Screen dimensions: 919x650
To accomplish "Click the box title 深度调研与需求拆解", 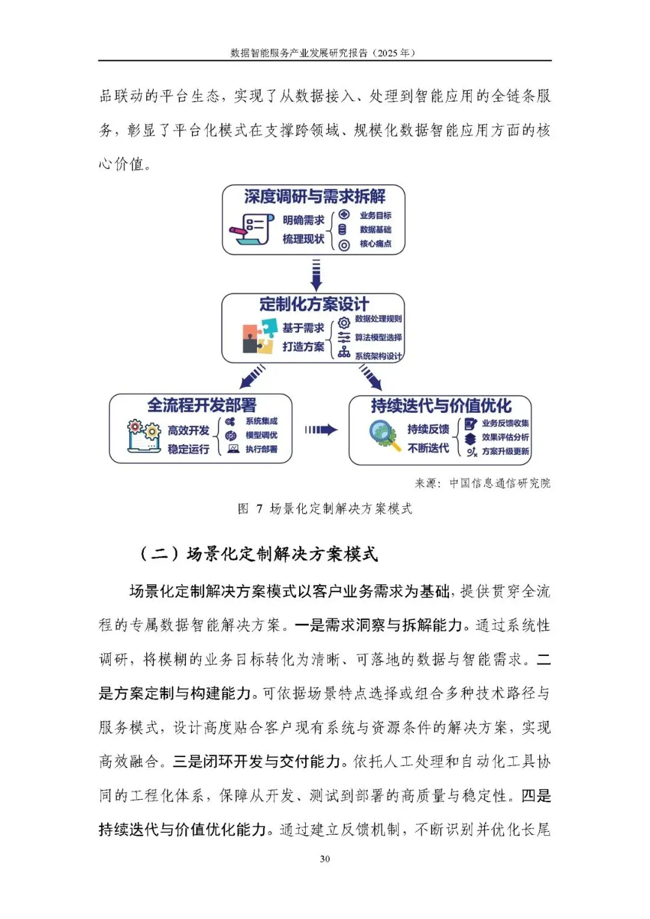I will pyautogui.click(x=314, y=197).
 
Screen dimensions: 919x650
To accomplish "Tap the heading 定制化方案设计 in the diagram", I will pyautogui.click(x=314, y=305).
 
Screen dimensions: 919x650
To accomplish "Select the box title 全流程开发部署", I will pyautogui.click(x=202, y=405).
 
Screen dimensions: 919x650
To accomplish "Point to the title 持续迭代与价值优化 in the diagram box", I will pyautogui.click(x=441, y=406).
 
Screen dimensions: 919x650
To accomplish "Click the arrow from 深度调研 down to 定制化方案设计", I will pyautogui.click(x=315, y=274).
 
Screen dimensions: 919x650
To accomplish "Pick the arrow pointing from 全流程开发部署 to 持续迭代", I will pyautogui.click(x=321, y=430).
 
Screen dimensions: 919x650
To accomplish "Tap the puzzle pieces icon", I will pyautogui.click(x=259, y=336).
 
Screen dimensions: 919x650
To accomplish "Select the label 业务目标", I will pyautogui.click(x=376, y=215).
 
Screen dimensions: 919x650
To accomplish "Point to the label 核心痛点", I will pyautogui.click(x=376, y=244).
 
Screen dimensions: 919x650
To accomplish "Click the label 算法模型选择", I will pyautogui.click(x=378, y=338).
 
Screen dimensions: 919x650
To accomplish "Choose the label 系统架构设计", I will pyautogui.click(x=378, y=356).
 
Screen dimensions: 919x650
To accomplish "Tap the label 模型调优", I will pyautogui.click(x=261, y=435).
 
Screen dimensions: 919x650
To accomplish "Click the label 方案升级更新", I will pyautogui.click(x=505, y=451).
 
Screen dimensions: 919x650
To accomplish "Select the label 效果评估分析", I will pyautogui.click(x=505, y=438).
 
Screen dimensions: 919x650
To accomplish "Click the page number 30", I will pyautogui.click(x=325, y=859).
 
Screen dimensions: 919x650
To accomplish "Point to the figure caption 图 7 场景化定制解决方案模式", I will pyautogui.click(x=325, y=509).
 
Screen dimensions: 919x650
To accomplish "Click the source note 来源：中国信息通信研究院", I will pyautogui.click(x=482, y=483).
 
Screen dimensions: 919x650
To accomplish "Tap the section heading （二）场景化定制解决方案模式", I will pyautogui.click(x=259, y=554).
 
